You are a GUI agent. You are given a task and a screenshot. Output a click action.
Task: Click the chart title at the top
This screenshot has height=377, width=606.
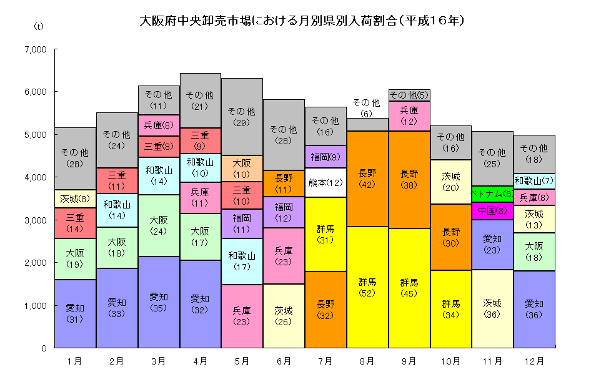pos(302,21)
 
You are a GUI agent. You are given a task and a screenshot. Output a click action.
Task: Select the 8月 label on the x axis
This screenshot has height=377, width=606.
pos(367,361)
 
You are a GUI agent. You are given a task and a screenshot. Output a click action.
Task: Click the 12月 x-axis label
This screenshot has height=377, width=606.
pos(534,361)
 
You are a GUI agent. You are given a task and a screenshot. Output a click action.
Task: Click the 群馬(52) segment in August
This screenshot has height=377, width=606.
pos(367,287)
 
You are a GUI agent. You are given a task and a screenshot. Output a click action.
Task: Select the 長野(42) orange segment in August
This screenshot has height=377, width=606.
pos(367,179)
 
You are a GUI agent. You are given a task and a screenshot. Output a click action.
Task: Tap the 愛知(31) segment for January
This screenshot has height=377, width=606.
pos(75,313)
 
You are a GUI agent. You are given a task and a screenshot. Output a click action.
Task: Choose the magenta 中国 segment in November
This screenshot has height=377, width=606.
pos(492,211)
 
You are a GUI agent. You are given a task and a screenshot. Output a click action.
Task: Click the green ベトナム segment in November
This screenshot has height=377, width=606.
pos(492,193)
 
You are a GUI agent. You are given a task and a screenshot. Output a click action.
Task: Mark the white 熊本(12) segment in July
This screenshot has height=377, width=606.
pos(325,183)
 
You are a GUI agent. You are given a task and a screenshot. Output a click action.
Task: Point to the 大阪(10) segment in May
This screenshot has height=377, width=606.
pos(242,169)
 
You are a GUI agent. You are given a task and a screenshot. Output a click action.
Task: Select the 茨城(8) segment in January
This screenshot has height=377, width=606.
pos(75,199)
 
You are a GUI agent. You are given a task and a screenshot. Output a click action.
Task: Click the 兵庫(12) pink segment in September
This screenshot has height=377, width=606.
pos(409,116)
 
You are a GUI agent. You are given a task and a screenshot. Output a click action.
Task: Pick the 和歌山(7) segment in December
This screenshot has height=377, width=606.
pos(534,181)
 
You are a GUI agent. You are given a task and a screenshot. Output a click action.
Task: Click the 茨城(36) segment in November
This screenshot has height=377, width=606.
pos(492,308)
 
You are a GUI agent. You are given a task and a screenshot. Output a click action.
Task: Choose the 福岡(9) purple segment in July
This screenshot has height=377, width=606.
pos(325,157)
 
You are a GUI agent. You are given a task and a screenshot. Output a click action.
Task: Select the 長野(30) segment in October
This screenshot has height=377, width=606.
pos(450,237)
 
